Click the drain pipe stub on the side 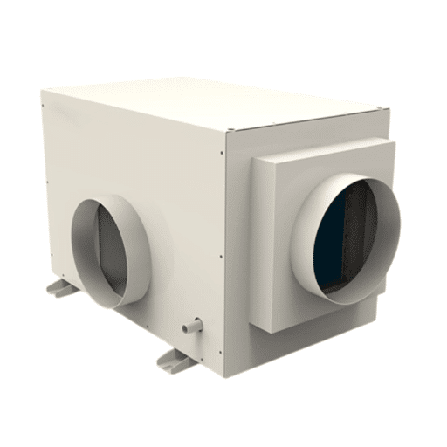189,328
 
